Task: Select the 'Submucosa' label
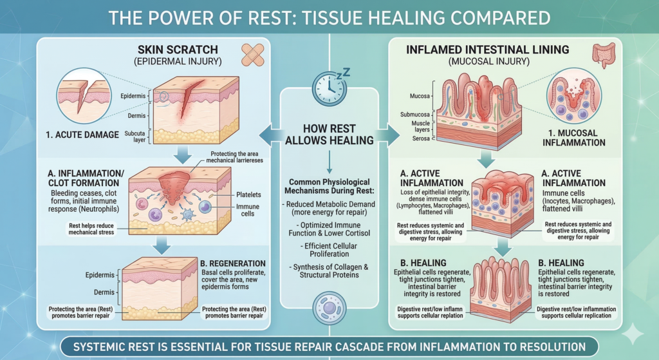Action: (414, 115)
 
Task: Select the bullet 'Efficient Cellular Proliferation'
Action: (329, 251)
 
